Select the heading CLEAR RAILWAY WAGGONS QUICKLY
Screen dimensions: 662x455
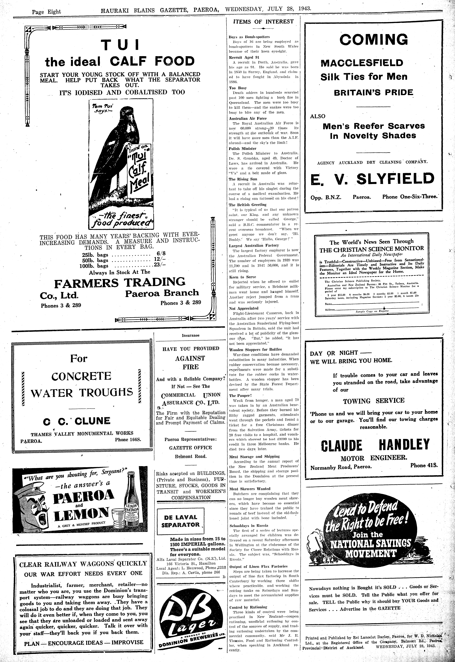click(x=83, y=564)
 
